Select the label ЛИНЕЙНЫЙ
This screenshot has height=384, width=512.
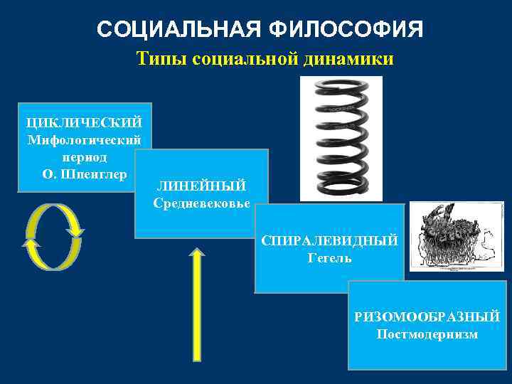[201, 186]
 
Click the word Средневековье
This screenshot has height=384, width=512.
[201, 203]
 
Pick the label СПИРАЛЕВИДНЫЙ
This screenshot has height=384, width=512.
[329, 241]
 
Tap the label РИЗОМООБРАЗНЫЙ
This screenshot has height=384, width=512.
[427, 316]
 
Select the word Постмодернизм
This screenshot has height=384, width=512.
[427, 334]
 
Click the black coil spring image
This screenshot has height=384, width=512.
[341, 139]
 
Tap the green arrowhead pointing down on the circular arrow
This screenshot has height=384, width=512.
[75, 231]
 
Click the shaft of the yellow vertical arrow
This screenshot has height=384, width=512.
[196, 313]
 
